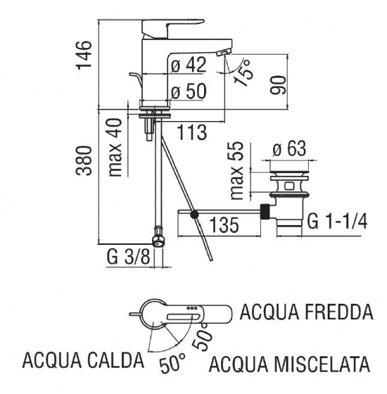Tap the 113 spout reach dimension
[x=191, y=131]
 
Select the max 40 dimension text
[x=117, y=148]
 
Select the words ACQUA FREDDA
[x=305, y=310]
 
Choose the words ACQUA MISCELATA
[x=290, y=364]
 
